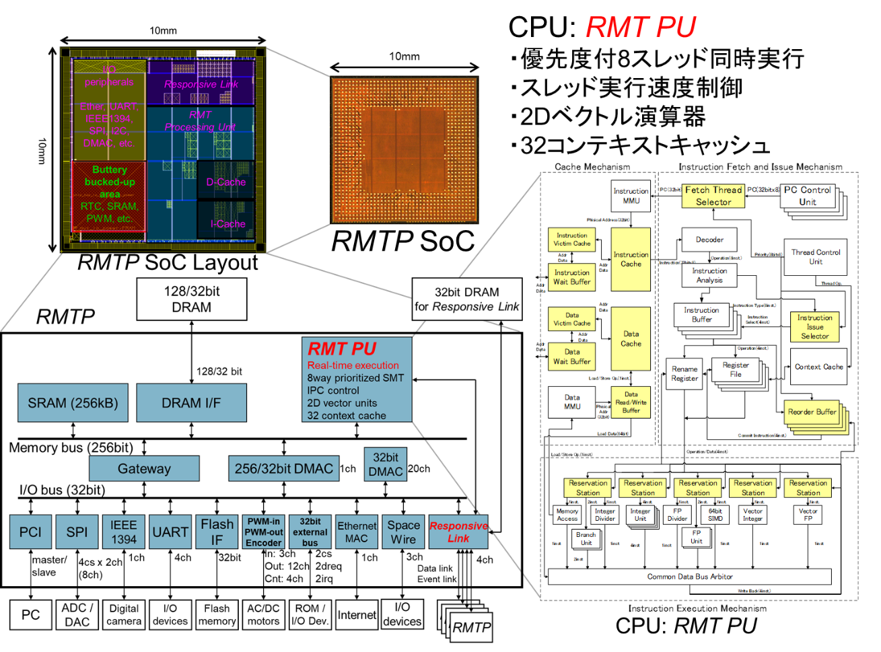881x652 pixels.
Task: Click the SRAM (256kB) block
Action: click(73, 403)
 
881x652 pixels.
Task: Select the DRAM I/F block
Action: click(191, 403)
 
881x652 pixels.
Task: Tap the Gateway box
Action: click(144, 468)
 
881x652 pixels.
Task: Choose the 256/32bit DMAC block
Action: click(283, 468)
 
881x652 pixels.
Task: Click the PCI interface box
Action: click(30, 532)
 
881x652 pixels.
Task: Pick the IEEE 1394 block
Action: click(124, 532)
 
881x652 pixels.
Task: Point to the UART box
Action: click(170, 532)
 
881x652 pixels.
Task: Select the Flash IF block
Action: click(217, 532)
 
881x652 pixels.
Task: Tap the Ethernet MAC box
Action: click(357, 532)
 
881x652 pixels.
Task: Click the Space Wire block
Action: click(403, 532)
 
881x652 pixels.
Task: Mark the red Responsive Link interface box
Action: click(458, 532)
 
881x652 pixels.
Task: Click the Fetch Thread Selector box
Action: click(713, 196)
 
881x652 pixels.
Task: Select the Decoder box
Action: click(709, 240)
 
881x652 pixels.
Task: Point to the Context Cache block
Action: click(818, 367)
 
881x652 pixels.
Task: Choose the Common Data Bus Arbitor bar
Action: click(690, 577)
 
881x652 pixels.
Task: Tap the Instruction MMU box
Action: click(631, 196)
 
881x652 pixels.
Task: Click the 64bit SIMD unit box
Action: click(715, 515)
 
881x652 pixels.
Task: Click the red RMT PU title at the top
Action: click(640, 27)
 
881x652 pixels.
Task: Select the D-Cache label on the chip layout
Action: click(226, 182)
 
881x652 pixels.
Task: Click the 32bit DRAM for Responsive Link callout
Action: click(467, 299)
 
